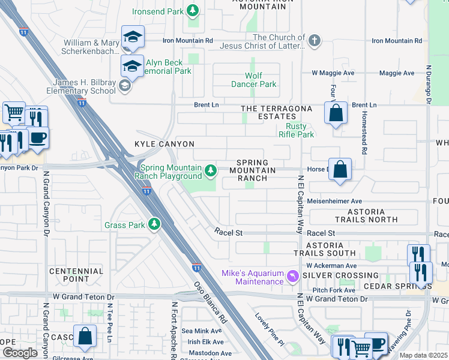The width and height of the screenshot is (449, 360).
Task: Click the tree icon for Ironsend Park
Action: click(193, 10)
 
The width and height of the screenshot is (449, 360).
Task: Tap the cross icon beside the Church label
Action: click(314, 41)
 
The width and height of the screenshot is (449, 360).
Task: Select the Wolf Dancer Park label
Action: click(253, 80)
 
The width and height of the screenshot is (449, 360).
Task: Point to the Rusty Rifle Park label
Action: click(297, 130)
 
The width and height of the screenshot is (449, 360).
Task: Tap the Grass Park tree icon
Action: click(155, 224)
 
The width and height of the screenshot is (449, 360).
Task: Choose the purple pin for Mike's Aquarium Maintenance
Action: click(292, 277)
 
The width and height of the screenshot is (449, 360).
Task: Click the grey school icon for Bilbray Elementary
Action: click(124, 86)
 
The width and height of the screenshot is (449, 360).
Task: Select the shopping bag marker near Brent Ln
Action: click(336, 112)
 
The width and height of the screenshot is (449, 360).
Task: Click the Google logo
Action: click(20, 352)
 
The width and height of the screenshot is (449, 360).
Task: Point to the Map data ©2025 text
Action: click(423, 355)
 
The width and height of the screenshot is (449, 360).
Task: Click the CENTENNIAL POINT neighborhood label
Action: click(77, 275)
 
